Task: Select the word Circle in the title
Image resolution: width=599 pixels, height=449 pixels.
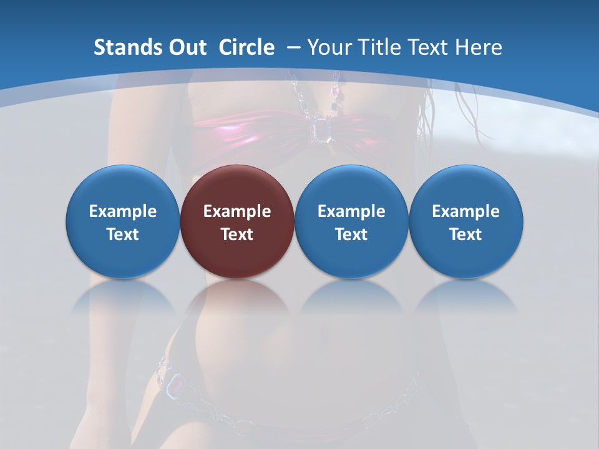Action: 246,47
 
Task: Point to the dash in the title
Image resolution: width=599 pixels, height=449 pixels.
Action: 293,47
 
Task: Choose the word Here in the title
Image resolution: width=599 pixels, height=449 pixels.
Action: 479,47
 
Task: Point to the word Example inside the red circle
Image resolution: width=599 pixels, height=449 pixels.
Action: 237,211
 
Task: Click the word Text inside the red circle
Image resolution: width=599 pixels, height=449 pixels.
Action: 237,234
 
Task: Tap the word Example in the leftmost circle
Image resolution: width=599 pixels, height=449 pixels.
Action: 122,211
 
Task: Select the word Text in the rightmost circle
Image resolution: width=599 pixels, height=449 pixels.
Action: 465,234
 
